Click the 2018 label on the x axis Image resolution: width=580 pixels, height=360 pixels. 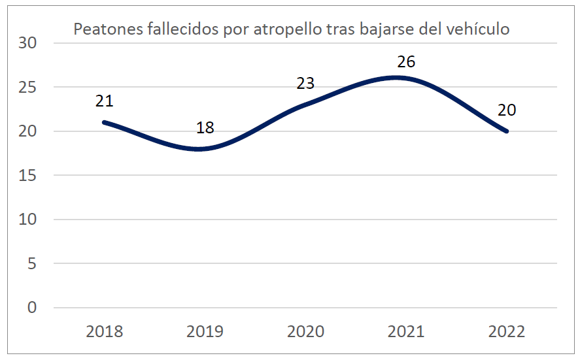point(105,331)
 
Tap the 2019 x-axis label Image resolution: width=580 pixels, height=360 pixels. point(205,331)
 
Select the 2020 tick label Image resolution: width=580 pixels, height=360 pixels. point(306,331)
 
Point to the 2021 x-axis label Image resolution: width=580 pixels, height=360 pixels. point(407,331)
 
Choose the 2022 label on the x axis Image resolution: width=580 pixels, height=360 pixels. point(507,331)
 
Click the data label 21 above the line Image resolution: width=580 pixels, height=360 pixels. point(105,101)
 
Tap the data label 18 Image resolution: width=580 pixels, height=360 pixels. point(205,127)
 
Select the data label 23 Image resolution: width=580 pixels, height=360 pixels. point(306,84)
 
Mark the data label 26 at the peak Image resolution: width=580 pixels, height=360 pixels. point(407,62)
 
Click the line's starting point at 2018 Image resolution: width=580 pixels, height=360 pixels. point(105,122)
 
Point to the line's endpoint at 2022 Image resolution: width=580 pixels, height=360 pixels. point(507,131)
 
